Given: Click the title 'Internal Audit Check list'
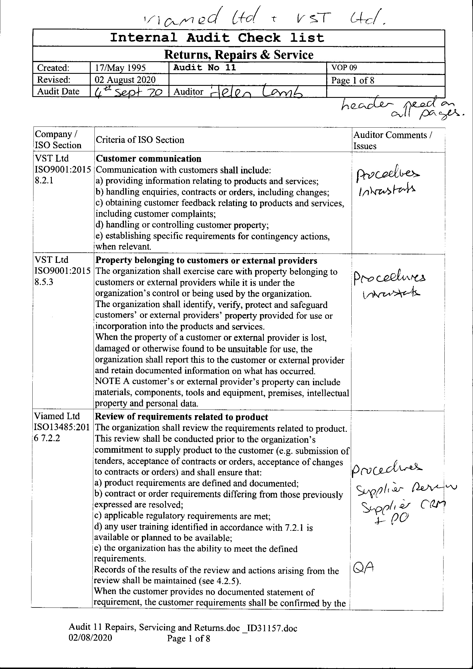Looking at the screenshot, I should (x=217, y=38).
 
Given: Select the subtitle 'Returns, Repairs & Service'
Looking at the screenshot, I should (x=239, y=55).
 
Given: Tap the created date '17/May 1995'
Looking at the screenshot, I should (x=120, y=68).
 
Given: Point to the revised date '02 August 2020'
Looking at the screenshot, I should (x=125, y=80).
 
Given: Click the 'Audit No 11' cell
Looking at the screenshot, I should (x=205, y=68).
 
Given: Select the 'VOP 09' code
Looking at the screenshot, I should (x=344, y=68).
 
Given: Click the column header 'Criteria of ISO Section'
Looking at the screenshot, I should (x=140, y=140).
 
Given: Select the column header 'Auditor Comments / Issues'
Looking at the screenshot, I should (x=393, y=140).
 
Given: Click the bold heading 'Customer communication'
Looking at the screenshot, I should (x=148, y=159).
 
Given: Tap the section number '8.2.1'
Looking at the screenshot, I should (x=44, y=181).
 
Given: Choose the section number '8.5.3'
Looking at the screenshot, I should (x=44, y=282).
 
